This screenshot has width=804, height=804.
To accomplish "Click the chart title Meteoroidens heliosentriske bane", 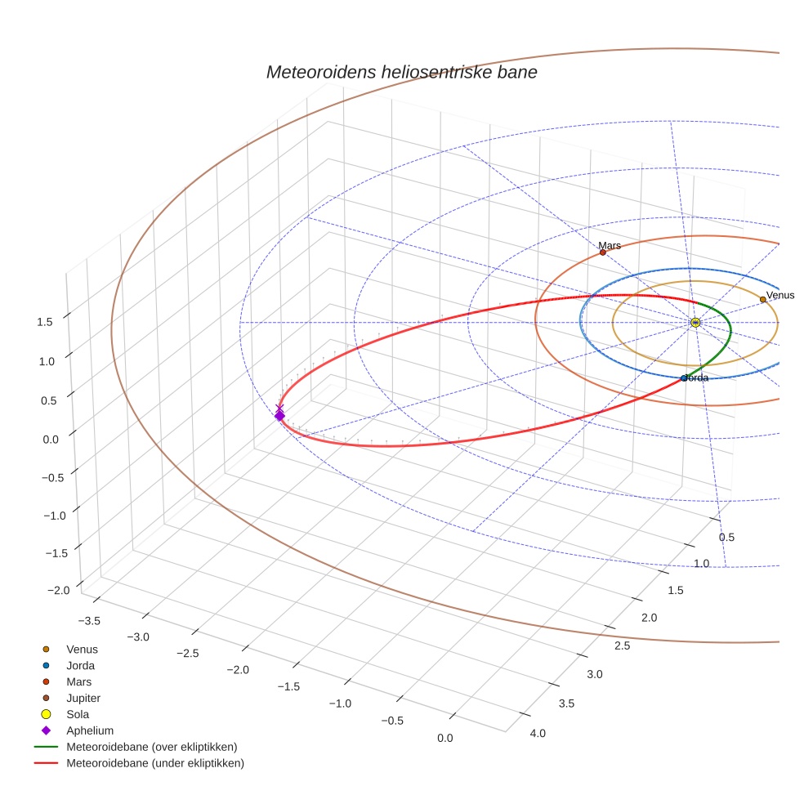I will pos(401,72).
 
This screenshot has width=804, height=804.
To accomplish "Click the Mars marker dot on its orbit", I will pos(603,252).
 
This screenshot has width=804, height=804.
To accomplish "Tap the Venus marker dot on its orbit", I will pos(762,300).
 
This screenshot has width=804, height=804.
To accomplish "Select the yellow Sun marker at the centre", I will pos(695,323).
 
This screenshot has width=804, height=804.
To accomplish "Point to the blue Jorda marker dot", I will pos(684,378).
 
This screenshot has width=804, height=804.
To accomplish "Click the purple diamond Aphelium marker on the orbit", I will pos(279,416).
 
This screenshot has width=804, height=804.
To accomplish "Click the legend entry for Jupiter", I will pos(83,698).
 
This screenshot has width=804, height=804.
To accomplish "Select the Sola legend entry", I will pos(78,714).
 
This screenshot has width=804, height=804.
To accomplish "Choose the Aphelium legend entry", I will pos(89,730).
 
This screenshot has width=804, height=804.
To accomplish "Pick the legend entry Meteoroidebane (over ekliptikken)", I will pos(151,747).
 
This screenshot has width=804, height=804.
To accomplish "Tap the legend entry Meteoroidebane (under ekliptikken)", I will pos(154,763).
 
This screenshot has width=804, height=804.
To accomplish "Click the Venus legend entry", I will pos(82,649).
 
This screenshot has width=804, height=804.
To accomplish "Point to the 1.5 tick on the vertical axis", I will pos(44,322).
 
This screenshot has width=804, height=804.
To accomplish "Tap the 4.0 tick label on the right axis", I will pos(537,733).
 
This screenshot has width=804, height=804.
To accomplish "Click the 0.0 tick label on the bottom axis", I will pos(445,738).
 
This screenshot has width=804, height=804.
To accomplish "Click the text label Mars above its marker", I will pos(610,245).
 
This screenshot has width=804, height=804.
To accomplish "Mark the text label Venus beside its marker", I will pos(780,295).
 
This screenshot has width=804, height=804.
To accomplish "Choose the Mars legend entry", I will pos(78,681).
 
